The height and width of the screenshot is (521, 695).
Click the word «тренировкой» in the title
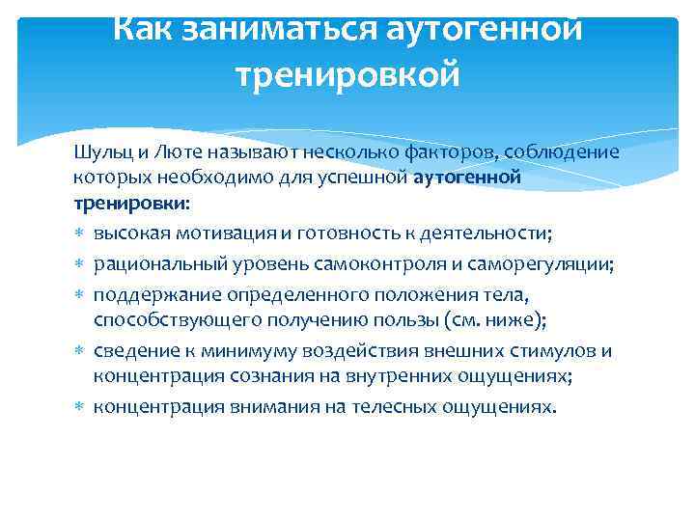click(x=347, y=73)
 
